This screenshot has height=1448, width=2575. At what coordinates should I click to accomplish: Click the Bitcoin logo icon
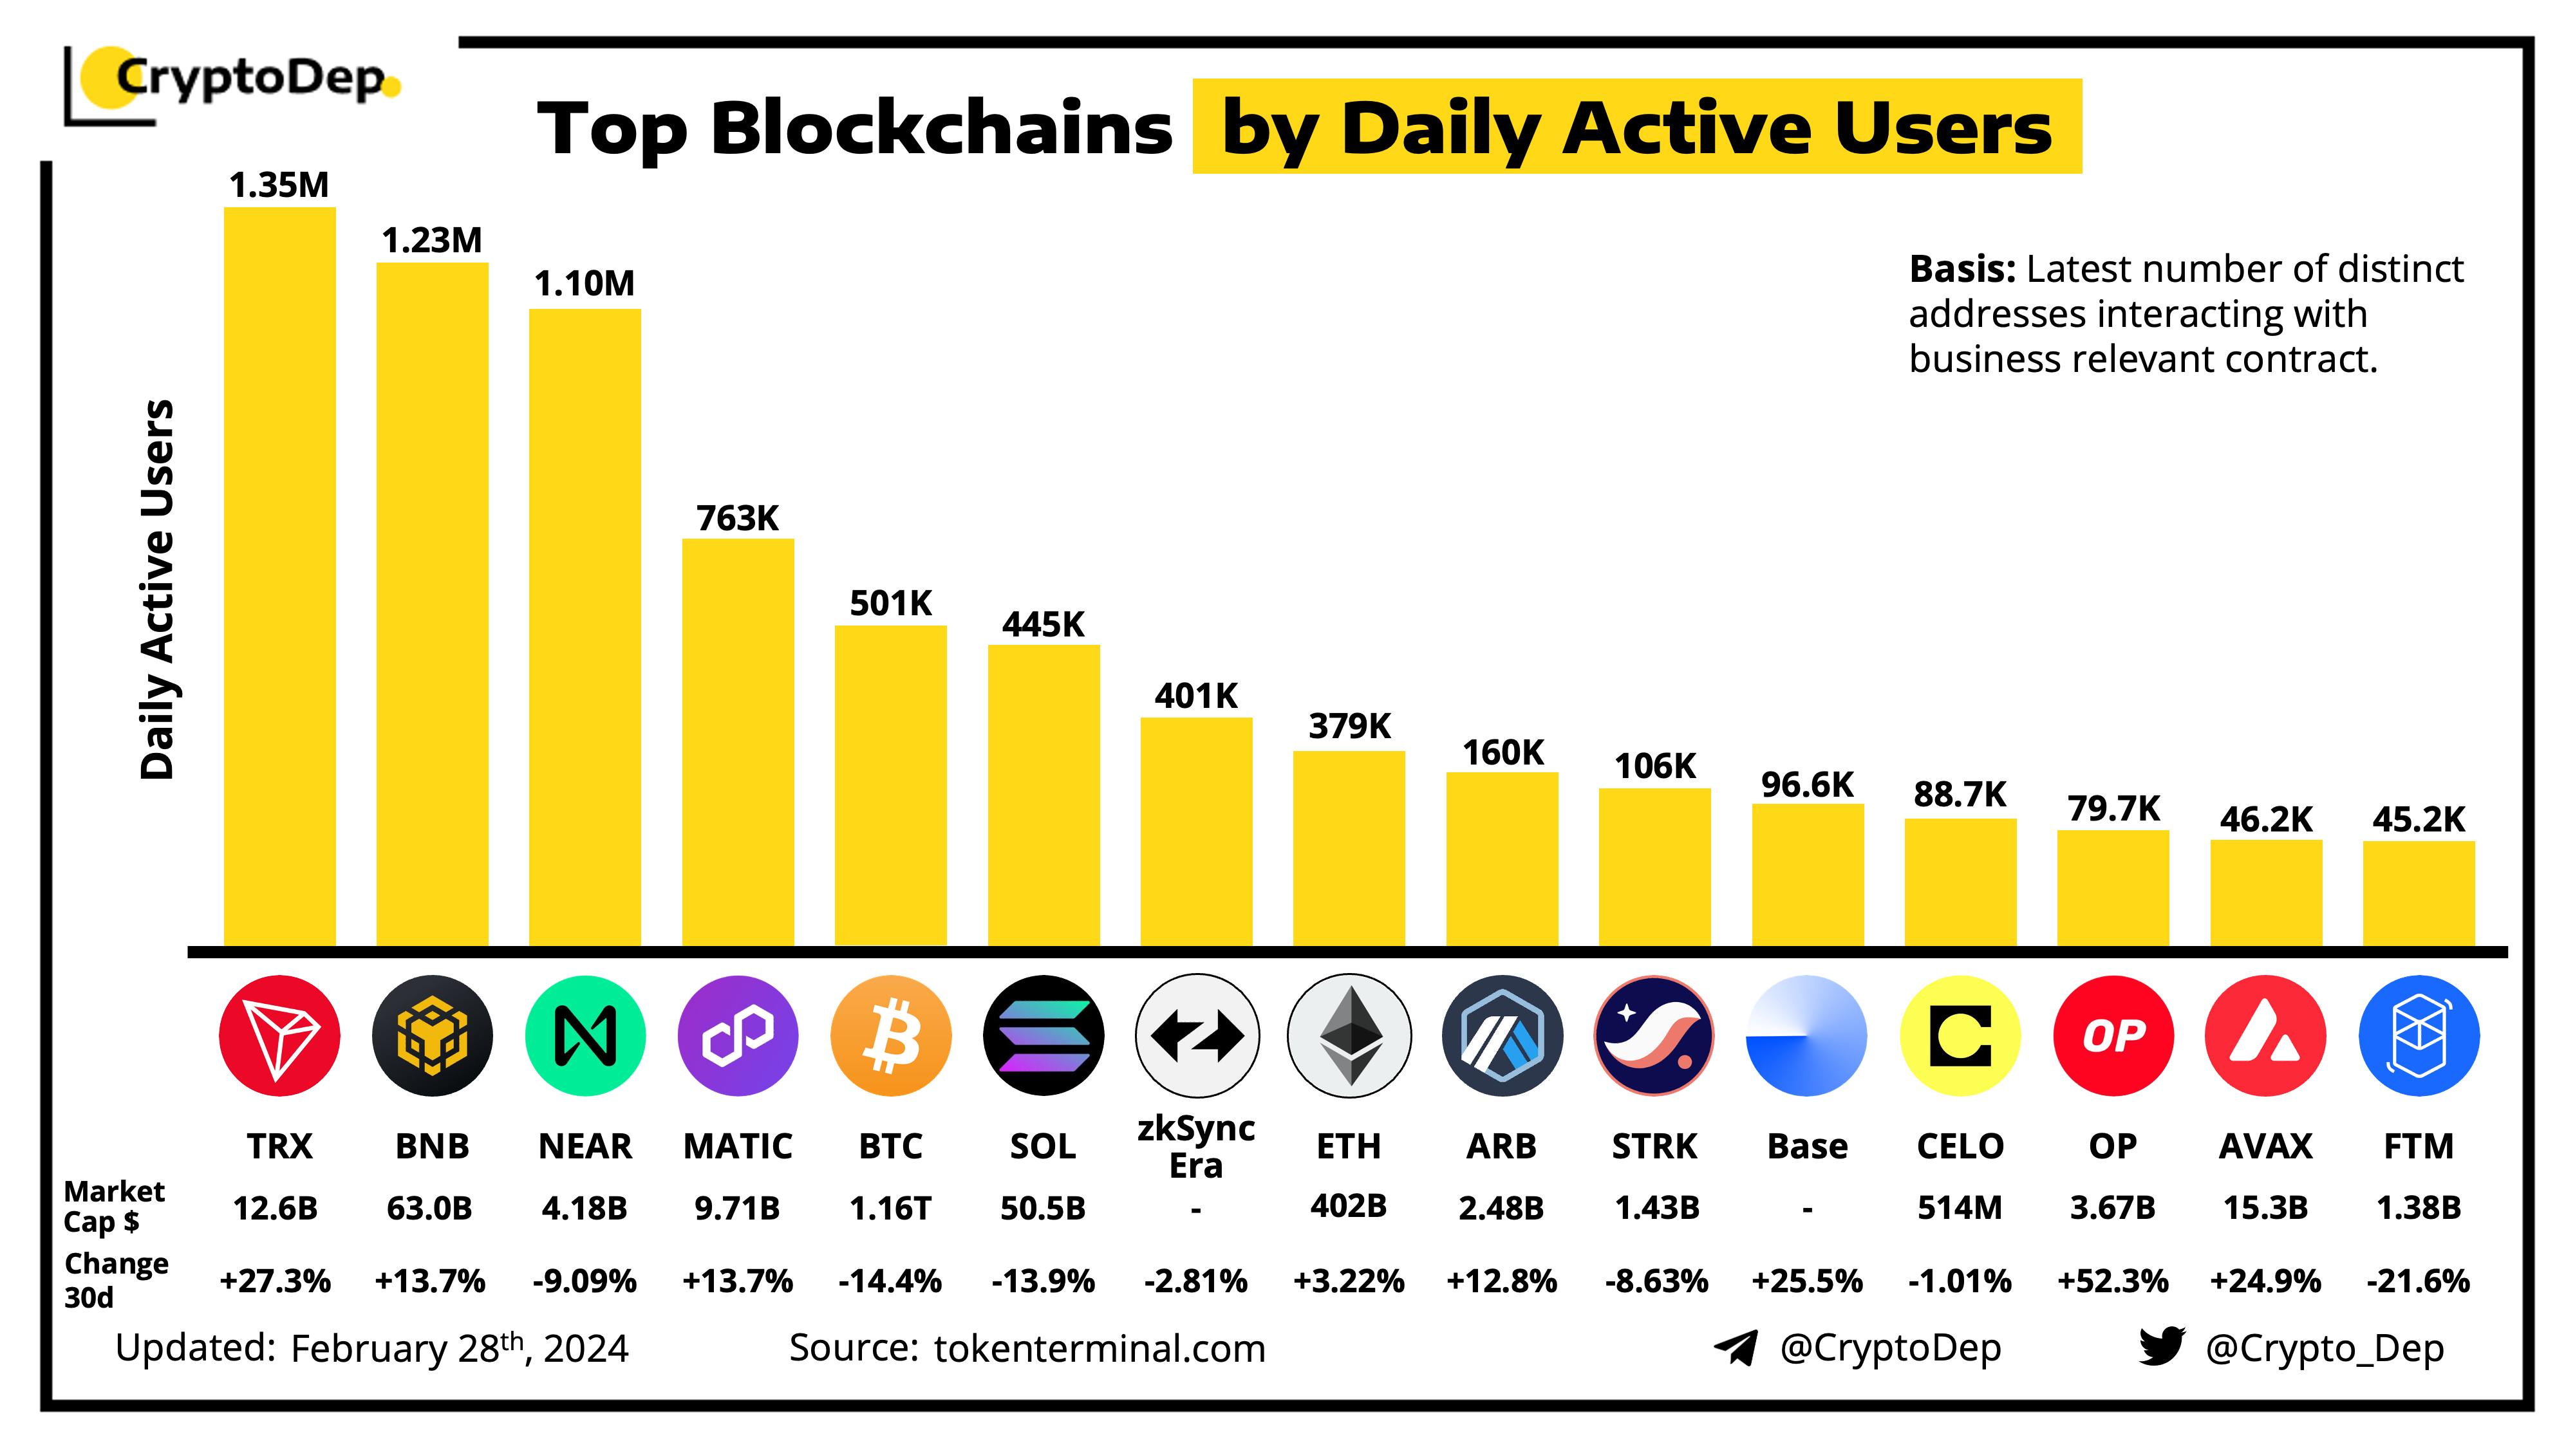tap(891, 1035)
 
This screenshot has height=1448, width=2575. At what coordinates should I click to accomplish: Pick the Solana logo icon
tap(1044, 1035)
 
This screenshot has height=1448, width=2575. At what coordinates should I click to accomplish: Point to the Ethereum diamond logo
tap(1349, 1035)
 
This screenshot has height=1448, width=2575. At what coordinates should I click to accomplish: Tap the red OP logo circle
tap(2113, 1035)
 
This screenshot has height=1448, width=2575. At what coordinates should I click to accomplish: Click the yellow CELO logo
tap(1960, 1035)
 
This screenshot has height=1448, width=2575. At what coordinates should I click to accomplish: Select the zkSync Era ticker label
tap(1197, 1146)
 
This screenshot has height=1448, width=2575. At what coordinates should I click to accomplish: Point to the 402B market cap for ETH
tap(1349, 1206)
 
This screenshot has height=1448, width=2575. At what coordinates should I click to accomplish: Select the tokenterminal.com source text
tap(1100, 1348)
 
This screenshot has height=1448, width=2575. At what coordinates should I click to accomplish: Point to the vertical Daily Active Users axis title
tap(158, 589)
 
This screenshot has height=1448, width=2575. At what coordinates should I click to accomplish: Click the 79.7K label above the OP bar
tap(2113, 808)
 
